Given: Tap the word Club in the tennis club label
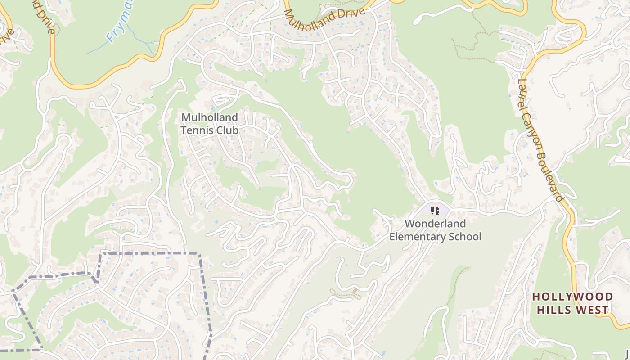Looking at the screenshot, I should coord(228,130).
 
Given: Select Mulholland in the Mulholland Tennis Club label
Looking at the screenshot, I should coord(209,117).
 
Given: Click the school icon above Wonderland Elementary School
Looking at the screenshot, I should coord(435,210).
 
